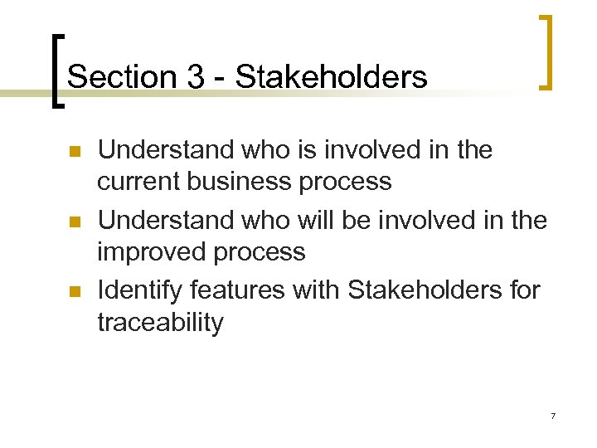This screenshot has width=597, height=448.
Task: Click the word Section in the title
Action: click(121, 77)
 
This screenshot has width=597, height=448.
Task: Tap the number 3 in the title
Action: click(196, 77)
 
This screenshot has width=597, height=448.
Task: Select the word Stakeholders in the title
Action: click(332, 77)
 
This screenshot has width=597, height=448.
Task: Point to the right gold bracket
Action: click(544, 51)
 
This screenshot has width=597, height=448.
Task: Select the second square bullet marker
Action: click(74, 222)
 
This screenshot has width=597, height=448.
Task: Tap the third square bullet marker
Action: click(74, 292)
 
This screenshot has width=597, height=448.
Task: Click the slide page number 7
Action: click(551, 415)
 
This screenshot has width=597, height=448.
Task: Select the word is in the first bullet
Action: click(312, 150)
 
